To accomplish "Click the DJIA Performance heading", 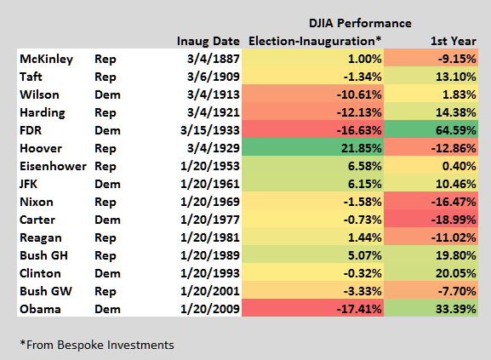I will click(359, 22).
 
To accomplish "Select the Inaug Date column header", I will click(208, 41).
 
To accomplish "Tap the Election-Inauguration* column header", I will click(313, 41).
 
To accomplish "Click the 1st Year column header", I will click(454, 41).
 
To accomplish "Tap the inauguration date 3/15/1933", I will click(209, 131).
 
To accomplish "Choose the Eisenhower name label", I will click(53, 166).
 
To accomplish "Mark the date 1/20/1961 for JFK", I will click(209, 184).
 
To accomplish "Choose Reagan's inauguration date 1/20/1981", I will click(209, 237).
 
